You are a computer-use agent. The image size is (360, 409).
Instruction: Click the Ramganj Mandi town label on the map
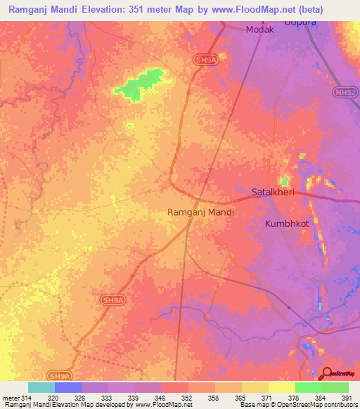point(200,212)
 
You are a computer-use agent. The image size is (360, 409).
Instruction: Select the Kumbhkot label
point(286,223)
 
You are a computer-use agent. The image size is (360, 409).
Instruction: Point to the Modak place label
point(259,30)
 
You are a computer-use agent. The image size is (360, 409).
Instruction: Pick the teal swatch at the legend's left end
point(41,387)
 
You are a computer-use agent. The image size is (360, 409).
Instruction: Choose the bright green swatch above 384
point(308,387)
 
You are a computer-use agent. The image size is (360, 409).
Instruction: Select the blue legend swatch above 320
point(68,387)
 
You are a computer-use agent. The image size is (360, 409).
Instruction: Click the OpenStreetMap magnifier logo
point(327,375)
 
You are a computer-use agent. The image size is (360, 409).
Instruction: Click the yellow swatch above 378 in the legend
point(281,387)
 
